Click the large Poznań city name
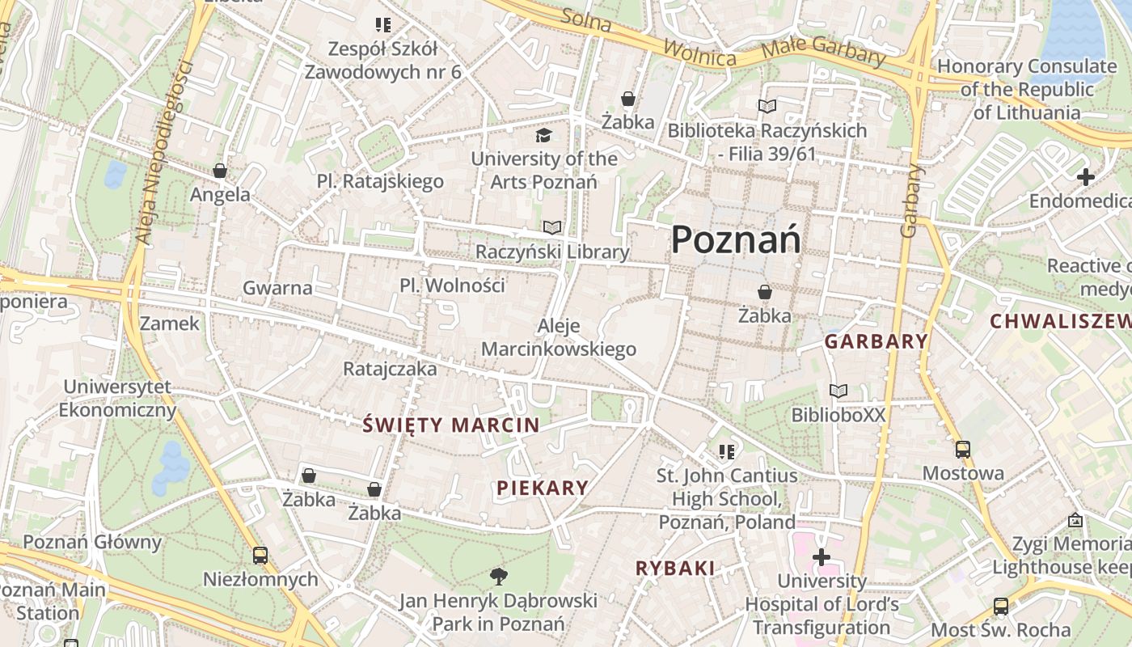(x=736, y=239)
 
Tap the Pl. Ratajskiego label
(x=380, y=181)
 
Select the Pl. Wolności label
(x=452, y=285)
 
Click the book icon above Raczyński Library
(x=552, y=227)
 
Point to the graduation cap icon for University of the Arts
(x=543, y=134)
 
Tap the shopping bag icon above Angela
(x=219, y=171)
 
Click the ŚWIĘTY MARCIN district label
(x=451, y=425)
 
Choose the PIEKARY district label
(x=543, y=488)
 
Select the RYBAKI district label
(x=675, y=569)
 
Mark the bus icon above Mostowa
(x=962, y=450)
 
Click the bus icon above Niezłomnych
(x=260, y=556)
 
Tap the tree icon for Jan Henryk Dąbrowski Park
(x=498, y=576)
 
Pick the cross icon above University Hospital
(x=822, y=556)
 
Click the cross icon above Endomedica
(x=1085, y=176)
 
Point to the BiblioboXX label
(x=838, y=415)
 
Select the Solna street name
(x=586, y=19)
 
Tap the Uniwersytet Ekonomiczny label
(x=117, y=398)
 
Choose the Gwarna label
(x=277, y=287)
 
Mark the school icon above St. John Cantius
(x=726, y=451)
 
